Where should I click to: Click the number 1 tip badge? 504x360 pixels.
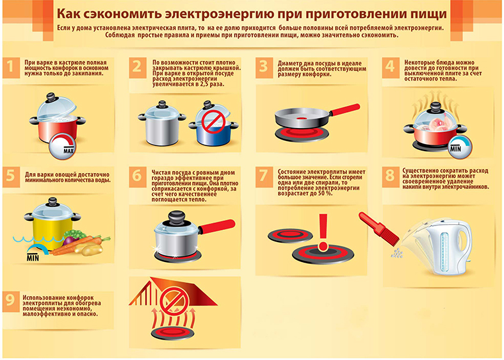coord(11,67)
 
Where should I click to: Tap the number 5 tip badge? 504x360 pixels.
coord(11,176)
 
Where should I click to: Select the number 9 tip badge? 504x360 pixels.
coord(11,300)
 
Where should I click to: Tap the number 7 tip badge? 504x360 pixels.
coord(263,176)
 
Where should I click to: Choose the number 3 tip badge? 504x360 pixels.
coord(263,67)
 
